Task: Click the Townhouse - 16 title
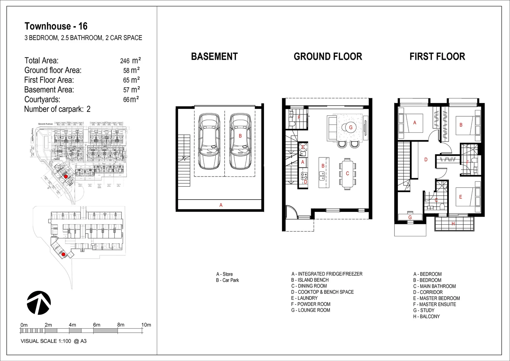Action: click(56, 26)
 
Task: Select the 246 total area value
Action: click(125, 61)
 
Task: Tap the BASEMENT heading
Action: click(214, 56)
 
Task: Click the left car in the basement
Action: click(209, 142)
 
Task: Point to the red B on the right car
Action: click(240, 136)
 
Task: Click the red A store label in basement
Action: click(221, 205)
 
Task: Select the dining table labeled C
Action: click(347, 174)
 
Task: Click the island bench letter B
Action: click(323, 166)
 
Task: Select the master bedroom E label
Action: click(460, 197)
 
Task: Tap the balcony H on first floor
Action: click(453, 224)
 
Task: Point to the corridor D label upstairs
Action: click(426, 160)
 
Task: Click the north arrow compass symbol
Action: click(39, 303)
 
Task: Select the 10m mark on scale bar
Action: click(146, 325)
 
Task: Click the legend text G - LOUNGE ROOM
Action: click(310, 310)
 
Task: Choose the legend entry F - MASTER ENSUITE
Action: click(434, 304)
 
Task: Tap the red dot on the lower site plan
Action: click(63, 254)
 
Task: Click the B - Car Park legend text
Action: click(227, 280)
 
